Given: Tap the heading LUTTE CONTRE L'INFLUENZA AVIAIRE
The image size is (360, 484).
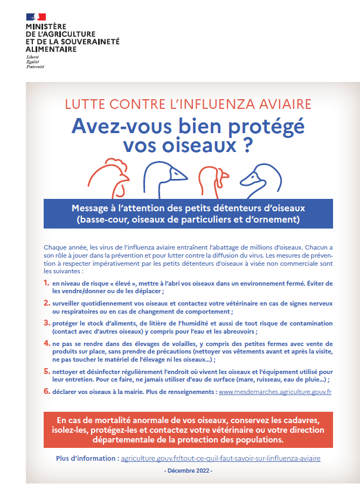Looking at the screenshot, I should (188, 104).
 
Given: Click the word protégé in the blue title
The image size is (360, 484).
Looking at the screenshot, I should (265, 126).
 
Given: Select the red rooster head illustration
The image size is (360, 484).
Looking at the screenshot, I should (109, 176).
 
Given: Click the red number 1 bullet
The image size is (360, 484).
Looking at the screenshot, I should (46, 282).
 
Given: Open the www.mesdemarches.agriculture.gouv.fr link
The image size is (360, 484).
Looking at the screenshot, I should (275, 392).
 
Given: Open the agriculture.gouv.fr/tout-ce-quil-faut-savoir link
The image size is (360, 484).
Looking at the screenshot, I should (221, 458).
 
